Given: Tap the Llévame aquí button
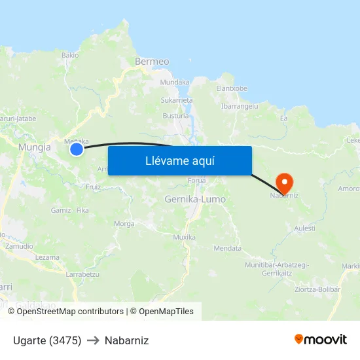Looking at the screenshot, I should [179, 160].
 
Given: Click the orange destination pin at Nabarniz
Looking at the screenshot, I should [285, 182].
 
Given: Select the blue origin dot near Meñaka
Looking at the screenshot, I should [77, 150].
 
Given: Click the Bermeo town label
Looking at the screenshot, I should [152, 62].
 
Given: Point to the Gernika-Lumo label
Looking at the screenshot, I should [195, 199].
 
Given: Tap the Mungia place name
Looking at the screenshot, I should [35, 147].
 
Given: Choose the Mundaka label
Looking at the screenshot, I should [175, 82].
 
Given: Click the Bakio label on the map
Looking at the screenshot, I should [70, 55].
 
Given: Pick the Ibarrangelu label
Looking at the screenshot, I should [240, 105].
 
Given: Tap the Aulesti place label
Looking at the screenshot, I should [305, 228].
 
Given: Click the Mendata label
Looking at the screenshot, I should [228, 248].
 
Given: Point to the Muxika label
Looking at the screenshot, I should [184, 237].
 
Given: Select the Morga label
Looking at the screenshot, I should [124, 223].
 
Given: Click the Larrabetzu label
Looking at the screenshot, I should [82, 274].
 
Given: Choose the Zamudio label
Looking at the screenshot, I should [19, 246].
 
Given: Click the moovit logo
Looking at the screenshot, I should [321, 340].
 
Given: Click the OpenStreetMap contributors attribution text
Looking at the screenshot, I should [69, 312].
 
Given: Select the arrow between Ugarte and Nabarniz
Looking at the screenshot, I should [93, 340].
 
